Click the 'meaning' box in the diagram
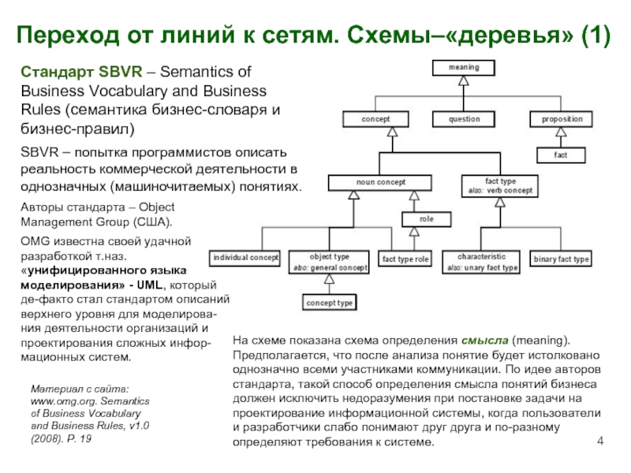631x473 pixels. pyautogui.click(x=465, y=68)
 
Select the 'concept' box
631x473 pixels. pyautogui.click(x=375, y=120)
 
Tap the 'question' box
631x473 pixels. pyautogui.click(x=465, y=120)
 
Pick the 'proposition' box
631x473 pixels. pyautogui.click(x=562, y=120)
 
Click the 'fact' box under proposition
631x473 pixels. pyautogui.click(x=560, y=155)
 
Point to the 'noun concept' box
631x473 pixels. pyautogui.click(x=381, y=183)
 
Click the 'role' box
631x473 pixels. pyautogui.click(x=427, y=219)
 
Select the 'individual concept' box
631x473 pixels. pyautogui.click(x=245, y=259)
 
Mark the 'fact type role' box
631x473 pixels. pyautogui.click(x=405, y=259)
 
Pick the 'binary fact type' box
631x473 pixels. pyautogui.click(x=561, y=259)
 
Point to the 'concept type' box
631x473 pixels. pyautogui.click(x=330, y=303)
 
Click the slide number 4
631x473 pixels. pyautogui.click(x=601, y=439)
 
